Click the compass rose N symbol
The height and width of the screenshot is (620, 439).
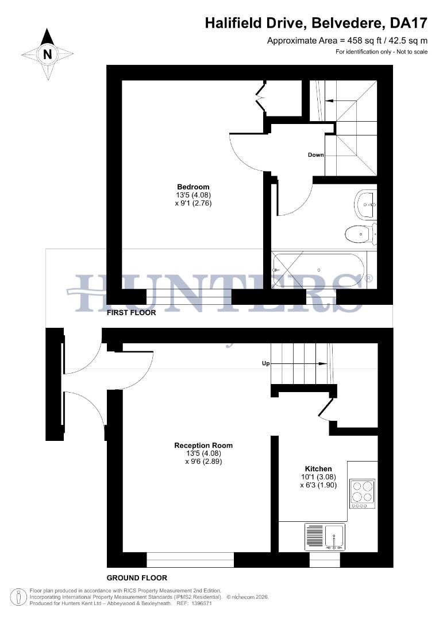48,55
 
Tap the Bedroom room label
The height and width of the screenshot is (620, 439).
193,187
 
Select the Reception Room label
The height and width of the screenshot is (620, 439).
203,445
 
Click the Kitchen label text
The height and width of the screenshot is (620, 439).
318,469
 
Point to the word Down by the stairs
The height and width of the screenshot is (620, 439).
315,155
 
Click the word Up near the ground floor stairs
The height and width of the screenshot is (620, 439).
265,363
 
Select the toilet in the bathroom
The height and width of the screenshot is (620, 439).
360,234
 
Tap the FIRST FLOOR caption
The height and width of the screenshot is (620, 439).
131,313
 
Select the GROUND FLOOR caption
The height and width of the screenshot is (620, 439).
137,578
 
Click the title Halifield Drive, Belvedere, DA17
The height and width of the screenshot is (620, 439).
316,24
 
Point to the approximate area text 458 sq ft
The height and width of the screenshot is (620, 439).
347,41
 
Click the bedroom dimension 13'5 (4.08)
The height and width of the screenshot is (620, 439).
193,195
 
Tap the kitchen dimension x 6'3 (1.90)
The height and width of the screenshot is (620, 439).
318,485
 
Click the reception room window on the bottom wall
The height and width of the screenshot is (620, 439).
190,560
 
